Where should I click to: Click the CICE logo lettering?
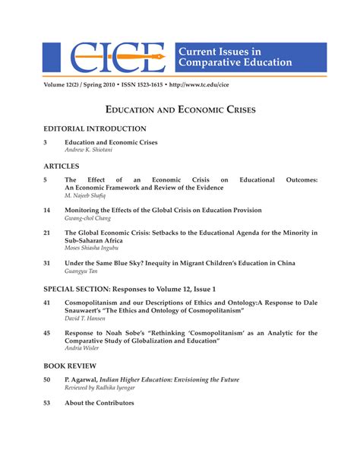click(x=118, y=57)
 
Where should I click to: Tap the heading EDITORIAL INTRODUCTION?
click(x=95, y=129)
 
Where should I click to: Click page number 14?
click(x=47, y=209)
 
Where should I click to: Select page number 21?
click(x=47, y=232)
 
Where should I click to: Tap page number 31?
click(x=47, y=263)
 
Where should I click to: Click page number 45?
click(x=47, y=332)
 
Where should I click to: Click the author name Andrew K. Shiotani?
click(x=88, y=150)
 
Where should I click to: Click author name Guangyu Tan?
click(x=81, y=271)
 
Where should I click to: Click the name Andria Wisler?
click(x=83, y=348)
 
